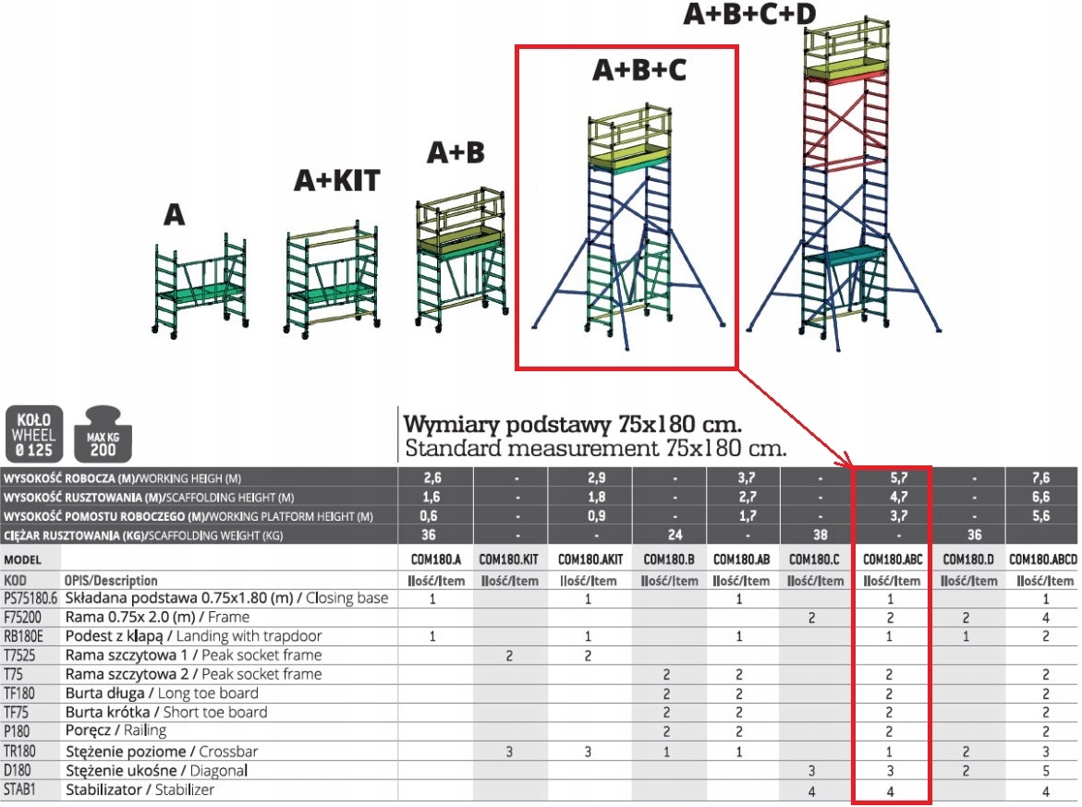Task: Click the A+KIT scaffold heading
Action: pyautogui.click(x=336, y=180)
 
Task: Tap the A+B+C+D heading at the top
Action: pyautogui.click(x=750, y=15)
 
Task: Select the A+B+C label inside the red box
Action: pyautogui.click(x=639, y=70)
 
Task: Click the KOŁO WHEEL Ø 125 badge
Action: pyautogui.click(x=33, y=434)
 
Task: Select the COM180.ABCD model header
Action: pyautogui.click(x=1042, y=559)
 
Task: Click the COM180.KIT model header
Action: pyautogui.click(x=508, y=559)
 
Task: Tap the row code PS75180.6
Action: pyautogui.click(x=30, y=598)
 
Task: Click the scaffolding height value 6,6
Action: pyautogui.click(x=1042, y=498)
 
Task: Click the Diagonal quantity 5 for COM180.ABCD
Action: pyautogui.click(x=1045, y=770)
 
